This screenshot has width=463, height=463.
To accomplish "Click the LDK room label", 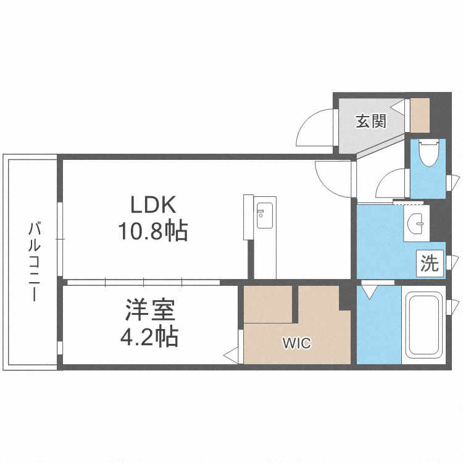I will click(x=152, y=205).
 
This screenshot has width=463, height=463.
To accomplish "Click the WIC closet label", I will click(x=297, y=343).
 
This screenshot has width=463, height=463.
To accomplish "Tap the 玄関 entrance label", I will click(x=370, y=121).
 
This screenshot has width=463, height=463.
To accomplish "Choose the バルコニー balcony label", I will click(x=34, y=262).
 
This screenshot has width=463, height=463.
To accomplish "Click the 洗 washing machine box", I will click(x=430, y=264).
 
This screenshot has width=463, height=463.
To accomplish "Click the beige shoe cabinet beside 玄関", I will click(x=420, y=115).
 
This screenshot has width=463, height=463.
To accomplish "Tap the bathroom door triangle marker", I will click(x=370, y=290).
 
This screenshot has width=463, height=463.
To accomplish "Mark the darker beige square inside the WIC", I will click(x=268, y=304).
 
